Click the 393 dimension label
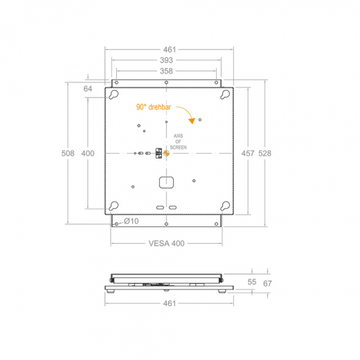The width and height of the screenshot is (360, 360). tap(166, 60)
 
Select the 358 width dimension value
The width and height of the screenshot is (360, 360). tap(166, 71)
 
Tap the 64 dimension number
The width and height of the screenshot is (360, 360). tap(88, 89)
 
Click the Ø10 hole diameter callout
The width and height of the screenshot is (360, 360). tap(132, 222)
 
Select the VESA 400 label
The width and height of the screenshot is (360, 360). tap(166, 244)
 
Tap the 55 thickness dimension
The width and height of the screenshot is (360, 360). tap(251, 282)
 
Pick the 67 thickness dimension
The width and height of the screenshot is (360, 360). tap(267, 282)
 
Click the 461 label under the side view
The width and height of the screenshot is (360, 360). tap(166, 303)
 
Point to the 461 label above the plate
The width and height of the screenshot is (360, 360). tap(166, 49)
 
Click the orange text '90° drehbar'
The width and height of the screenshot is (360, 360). tap(153, 108)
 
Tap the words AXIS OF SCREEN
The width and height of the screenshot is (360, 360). tap(178, 143)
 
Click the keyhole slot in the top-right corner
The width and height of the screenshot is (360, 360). tap(225, 96)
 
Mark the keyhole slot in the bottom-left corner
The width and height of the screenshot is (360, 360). tap(114, 205)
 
